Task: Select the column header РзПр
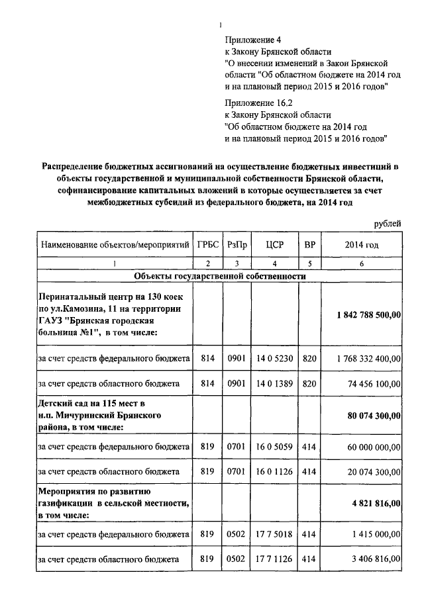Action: (238, 244)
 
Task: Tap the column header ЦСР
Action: (274, 244)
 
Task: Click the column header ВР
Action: (309, 244)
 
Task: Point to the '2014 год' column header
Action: (362, 244)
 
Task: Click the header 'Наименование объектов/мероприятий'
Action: (113, 244)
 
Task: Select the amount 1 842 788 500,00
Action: (368, 315)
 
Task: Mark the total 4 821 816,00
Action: (376, 504)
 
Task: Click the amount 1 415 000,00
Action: (376, 534)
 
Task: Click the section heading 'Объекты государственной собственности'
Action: (219, 275)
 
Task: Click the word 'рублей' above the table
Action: (386, 224)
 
